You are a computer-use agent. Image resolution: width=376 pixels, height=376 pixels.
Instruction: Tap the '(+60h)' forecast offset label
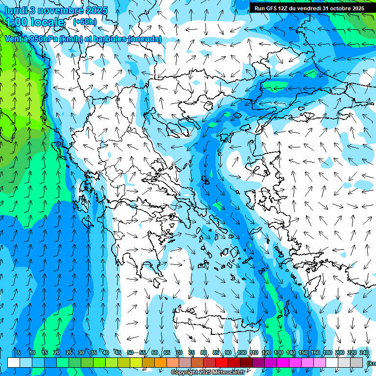pyautogui.click(x=85, y=22)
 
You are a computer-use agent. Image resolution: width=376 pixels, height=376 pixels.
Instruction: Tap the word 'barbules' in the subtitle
pyautogui.click(x=107, y=39)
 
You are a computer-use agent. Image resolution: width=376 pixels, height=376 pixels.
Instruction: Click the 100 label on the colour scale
pyautogui.click(x=241, y=353)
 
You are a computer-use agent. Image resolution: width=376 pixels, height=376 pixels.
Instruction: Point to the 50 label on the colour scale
pyautogui.click(x=130, y=353)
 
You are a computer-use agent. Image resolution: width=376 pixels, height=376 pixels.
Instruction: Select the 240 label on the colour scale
pyautogui.click(x=364, y=353)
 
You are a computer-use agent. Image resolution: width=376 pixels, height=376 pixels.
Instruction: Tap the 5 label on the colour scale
pyautogui.click(x=19, y=353)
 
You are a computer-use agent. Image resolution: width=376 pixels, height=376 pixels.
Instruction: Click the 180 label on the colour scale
pyautogui.click(x=327, y=353)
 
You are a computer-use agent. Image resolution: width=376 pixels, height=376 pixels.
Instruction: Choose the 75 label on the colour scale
pyautogui.click(x=191, y=353)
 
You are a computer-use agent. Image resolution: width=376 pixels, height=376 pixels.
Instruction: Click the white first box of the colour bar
pyautogui.click(x=14, y=362)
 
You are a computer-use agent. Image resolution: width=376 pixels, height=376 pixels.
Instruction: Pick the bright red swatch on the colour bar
pyautogui.click(x=222, y=362)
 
